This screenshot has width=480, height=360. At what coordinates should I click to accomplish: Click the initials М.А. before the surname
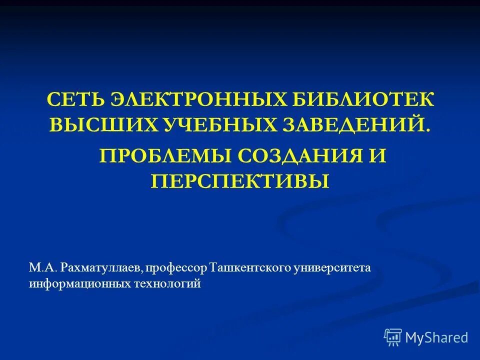pos(43,268)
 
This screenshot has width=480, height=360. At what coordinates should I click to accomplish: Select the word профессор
pos(176,268)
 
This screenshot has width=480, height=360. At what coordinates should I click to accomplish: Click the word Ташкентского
pos(251,268)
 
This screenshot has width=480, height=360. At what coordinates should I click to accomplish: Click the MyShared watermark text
pos(436,337)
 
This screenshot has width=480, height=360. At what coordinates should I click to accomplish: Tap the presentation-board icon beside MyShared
pos(393,337)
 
